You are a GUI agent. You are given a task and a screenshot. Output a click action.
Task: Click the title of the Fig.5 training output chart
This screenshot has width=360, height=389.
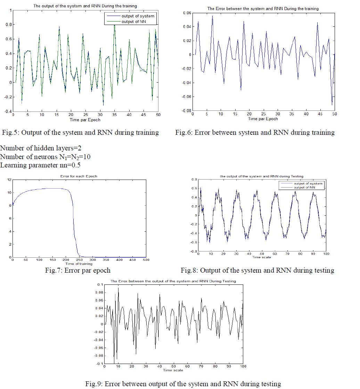85,6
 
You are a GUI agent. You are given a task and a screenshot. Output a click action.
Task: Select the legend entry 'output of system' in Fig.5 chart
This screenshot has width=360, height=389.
138,16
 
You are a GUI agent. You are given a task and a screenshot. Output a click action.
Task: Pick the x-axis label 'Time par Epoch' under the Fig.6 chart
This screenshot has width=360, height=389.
263,119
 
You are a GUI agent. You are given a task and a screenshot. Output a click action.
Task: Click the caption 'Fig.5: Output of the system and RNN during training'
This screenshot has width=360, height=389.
80,132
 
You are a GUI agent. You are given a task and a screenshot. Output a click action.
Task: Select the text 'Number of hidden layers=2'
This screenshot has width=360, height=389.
41,148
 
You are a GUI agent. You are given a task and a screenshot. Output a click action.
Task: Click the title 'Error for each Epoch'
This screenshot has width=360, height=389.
79,176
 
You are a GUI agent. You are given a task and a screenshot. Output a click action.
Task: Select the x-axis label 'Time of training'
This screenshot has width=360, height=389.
79,264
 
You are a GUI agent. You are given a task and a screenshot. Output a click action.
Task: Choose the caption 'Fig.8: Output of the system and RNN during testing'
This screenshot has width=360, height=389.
257,270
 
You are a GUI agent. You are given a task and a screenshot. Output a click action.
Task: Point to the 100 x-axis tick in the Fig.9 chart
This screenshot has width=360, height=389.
243,366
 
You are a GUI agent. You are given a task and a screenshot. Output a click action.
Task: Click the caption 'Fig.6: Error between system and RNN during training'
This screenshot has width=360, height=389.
255,132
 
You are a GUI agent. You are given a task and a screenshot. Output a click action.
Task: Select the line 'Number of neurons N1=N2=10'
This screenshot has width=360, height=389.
46,157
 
